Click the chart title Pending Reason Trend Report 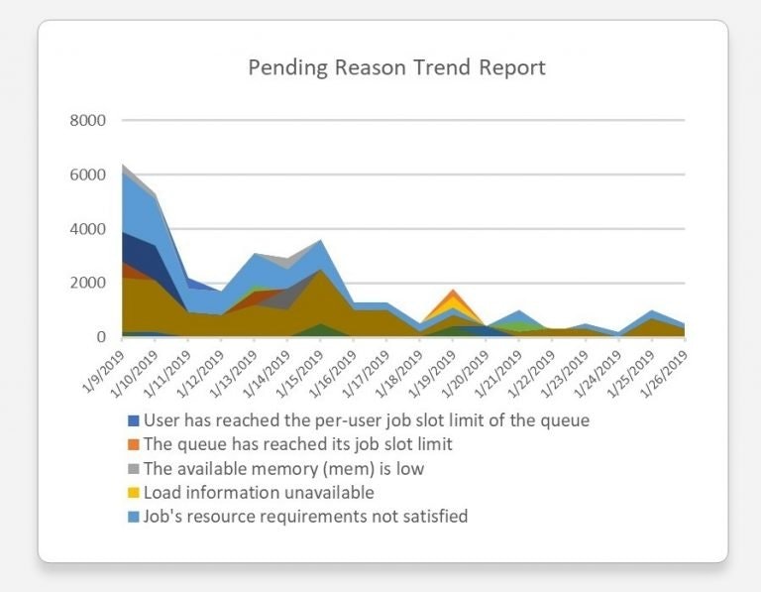396,68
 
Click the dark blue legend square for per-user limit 134,420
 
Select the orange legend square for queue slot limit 134,444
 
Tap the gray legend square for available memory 134,468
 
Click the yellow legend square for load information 134,492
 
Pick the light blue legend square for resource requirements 134,516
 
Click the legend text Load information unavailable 259,492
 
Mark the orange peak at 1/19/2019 453,293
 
